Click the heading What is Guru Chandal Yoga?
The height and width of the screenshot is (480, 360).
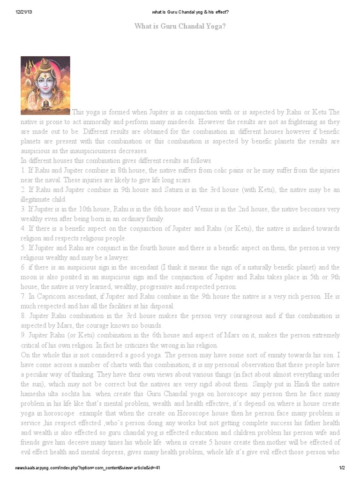coord(180,26)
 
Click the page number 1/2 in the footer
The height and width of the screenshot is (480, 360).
coord(342,468)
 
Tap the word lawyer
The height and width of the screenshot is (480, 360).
coord(119,258)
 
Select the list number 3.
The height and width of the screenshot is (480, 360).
coord(23,210)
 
